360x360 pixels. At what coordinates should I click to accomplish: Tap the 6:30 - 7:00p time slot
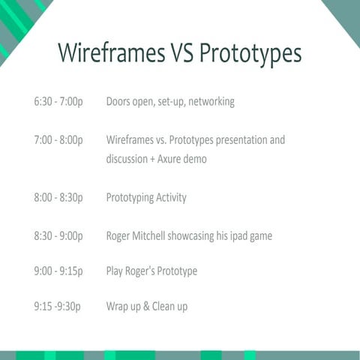pyautogui.click(x=58, y=101)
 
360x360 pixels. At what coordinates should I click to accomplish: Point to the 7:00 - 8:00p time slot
pyautogui.click(x=58, y=140)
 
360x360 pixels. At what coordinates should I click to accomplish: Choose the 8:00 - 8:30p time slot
pyautogui.click(x=58, y=198)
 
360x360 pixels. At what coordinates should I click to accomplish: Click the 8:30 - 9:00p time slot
pyautogui.click(x=58, y=236)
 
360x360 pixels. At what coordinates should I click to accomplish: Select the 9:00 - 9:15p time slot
pyautogui.click(x=58, y=271)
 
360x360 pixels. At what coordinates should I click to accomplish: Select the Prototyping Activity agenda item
pyautogui.click(x=146, y=198)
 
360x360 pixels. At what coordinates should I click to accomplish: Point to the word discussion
pyautogui.click(x=128, y=159)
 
